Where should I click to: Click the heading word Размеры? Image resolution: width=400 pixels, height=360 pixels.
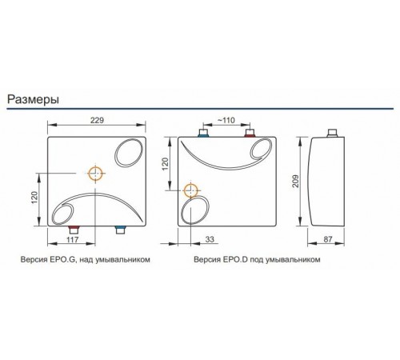(33, 100)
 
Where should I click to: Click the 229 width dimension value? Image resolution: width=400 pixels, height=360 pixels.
(97, 120)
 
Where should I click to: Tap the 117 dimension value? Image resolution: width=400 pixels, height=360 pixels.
(73, 239)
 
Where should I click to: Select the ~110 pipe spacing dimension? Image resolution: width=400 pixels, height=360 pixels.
(226, 120)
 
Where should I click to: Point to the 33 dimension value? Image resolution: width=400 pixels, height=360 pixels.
(210, 239)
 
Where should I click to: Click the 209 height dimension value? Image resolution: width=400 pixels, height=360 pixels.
(296, 182)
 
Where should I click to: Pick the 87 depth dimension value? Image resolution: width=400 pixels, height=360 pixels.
(328, 239)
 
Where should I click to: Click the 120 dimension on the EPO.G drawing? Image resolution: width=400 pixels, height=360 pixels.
(35, 198)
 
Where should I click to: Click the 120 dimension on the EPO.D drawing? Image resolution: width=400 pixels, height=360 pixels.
(166, 164)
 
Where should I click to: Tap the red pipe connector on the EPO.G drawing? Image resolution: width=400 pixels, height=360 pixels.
(74, 230)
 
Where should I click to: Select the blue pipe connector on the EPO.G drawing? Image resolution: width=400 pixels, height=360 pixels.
(120, 230)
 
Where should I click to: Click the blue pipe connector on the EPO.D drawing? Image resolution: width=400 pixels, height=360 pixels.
(203, 133)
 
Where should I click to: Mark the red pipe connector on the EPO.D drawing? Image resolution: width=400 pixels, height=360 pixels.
(250, 133)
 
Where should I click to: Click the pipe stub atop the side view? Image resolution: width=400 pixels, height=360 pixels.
(332, 133)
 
